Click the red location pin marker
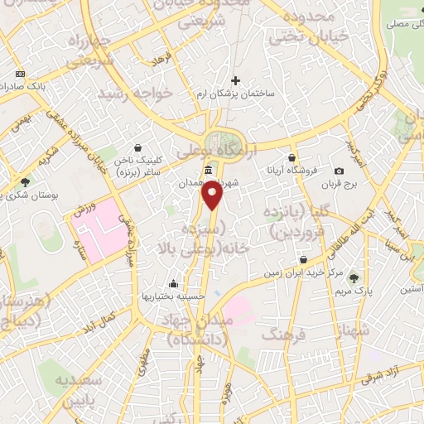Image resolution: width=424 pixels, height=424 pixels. coord(214,196)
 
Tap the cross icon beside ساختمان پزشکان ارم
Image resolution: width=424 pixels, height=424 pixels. coord(236,81)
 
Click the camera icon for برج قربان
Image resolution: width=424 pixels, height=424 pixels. coord(340,171)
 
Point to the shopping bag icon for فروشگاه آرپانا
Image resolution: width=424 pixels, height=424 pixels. coord(291,157)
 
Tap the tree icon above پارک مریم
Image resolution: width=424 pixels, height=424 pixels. coord(355,277)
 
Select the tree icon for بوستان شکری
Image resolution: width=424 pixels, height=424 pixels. coord(26,182)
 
